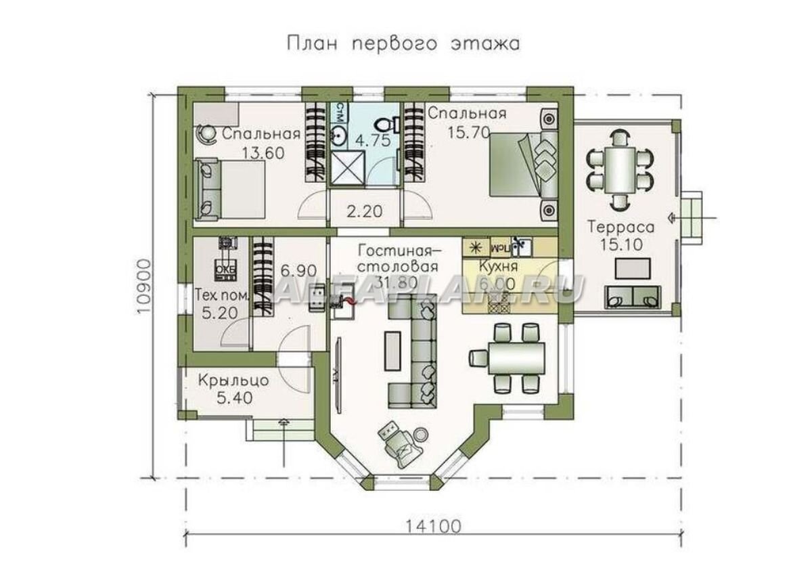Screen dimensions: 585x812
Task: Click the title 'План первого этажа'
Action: coord(404,44)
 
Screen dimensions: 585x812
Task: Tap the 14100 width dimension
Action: coord(433,525)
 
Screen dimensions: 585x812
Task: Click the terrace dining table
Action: coord(620,168)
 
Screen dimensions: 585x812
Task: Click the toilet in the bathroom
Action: coord(386,125)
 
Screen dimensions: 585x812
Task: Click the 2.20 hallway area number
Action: coord(365,211)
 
